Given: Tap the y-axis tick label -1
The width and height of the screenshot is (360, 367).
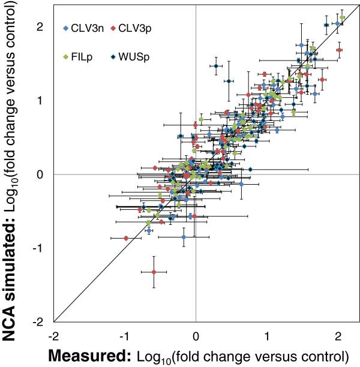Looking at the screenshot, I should point(40,248).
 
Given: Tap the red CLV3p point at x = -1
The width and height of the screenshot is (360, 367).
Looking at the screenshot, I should point(126,238).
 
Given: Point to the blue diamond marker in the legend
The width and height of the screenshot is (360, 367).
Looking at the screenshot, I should point(65,28).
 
